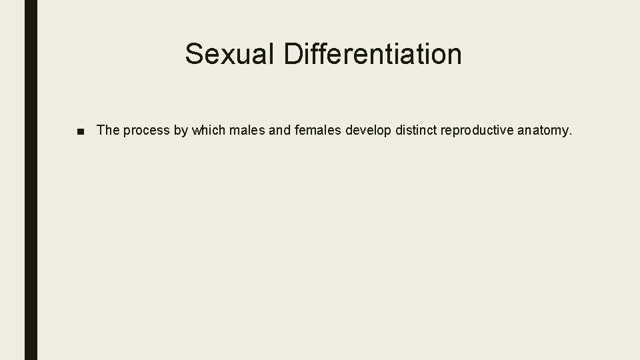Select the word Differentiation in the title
point(373,54)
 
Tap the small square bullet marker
point(81,131)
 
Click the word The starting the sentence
point(107,130)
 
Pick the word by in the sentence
point(181,131)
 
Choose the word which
point(208,130)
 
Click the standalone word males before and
point(246,130)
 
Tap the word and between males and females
point(279,130)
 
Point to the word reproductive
point(476,131)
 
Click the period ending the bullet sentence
point(571,134)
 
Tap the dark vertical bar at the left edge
point(31,180)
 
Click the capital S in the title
point(194,54)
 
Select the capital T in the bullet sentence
point(101,130)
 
